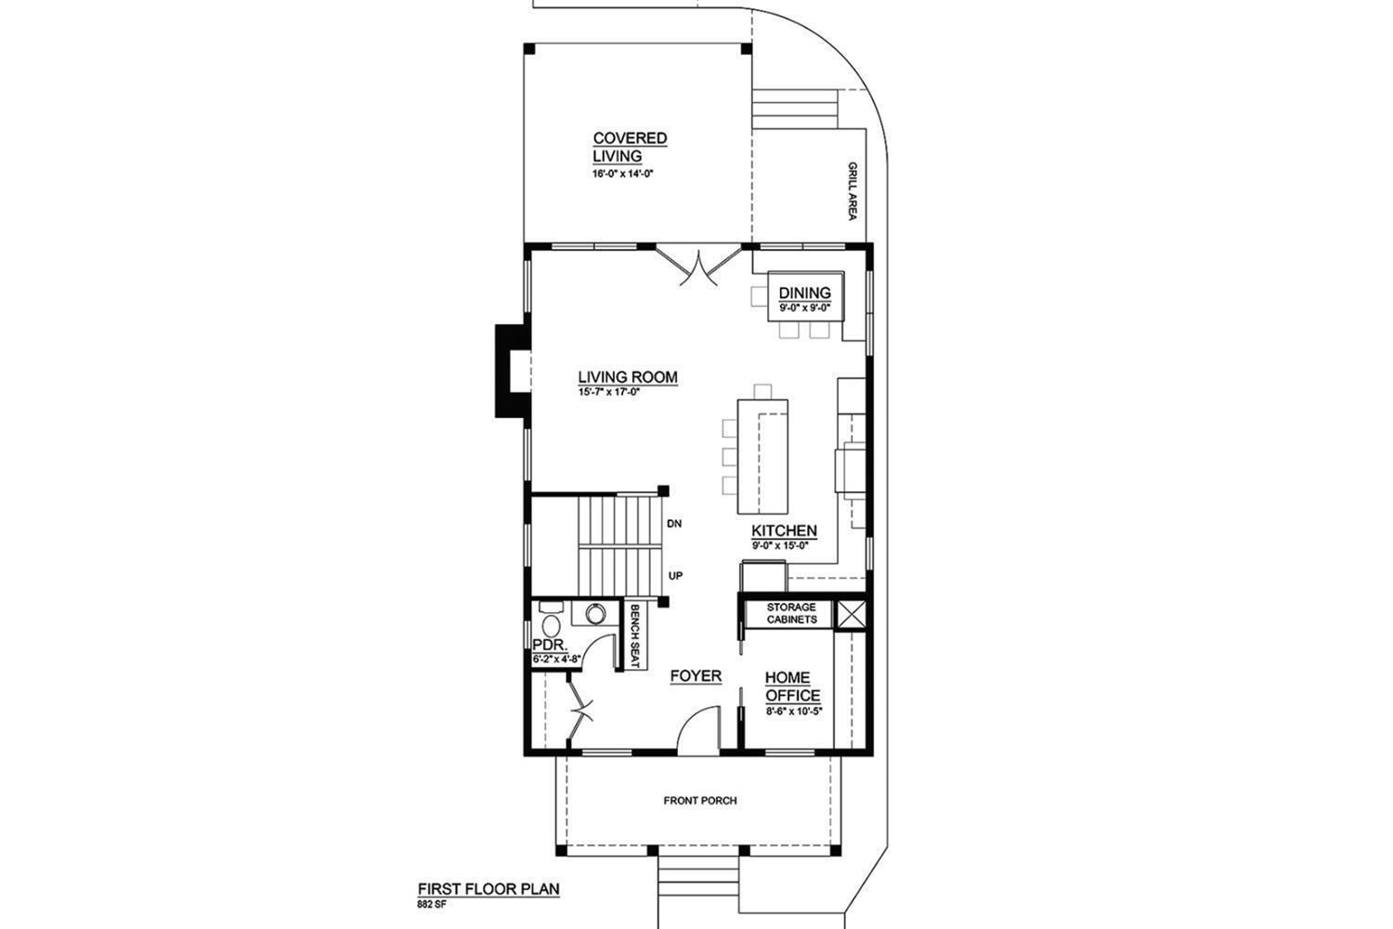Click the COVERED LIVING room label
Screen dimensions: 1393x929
click(630, 147)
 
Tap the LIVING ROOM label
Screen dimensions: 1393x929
click(628, 377)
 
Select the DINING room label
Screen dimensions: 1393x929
click(805, 293)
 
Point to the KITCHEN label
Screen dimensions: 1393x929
click(784, 530)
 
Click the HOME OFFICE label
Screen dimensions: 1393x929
click(792, 687)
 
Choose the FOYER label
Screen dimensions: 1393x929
click(696, 675)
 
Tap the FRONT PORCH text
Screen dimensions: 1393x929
click(700, 800)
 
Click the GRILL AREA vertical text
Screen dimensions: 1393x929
click(852, 191)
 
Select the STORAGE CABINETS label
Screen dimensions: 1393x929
click(791, 613)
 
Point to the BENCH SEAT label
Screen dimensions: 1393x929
click(635, 636)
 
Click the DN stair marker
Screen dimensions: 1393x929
click(674, 524)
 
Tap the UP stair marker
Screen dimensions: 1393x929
click(675, 576)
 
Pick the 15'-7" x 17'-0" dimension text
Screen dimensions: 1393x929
click(609, 392)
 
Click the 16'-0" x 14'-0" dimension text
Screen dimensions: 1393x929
click(623, 174)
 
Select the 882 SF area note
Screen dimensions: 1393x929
click(432, 905)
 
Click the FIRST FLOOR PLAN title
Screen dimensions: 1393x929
click(488, 888)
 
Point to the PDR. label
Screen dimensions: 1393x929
click(550, 645)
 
